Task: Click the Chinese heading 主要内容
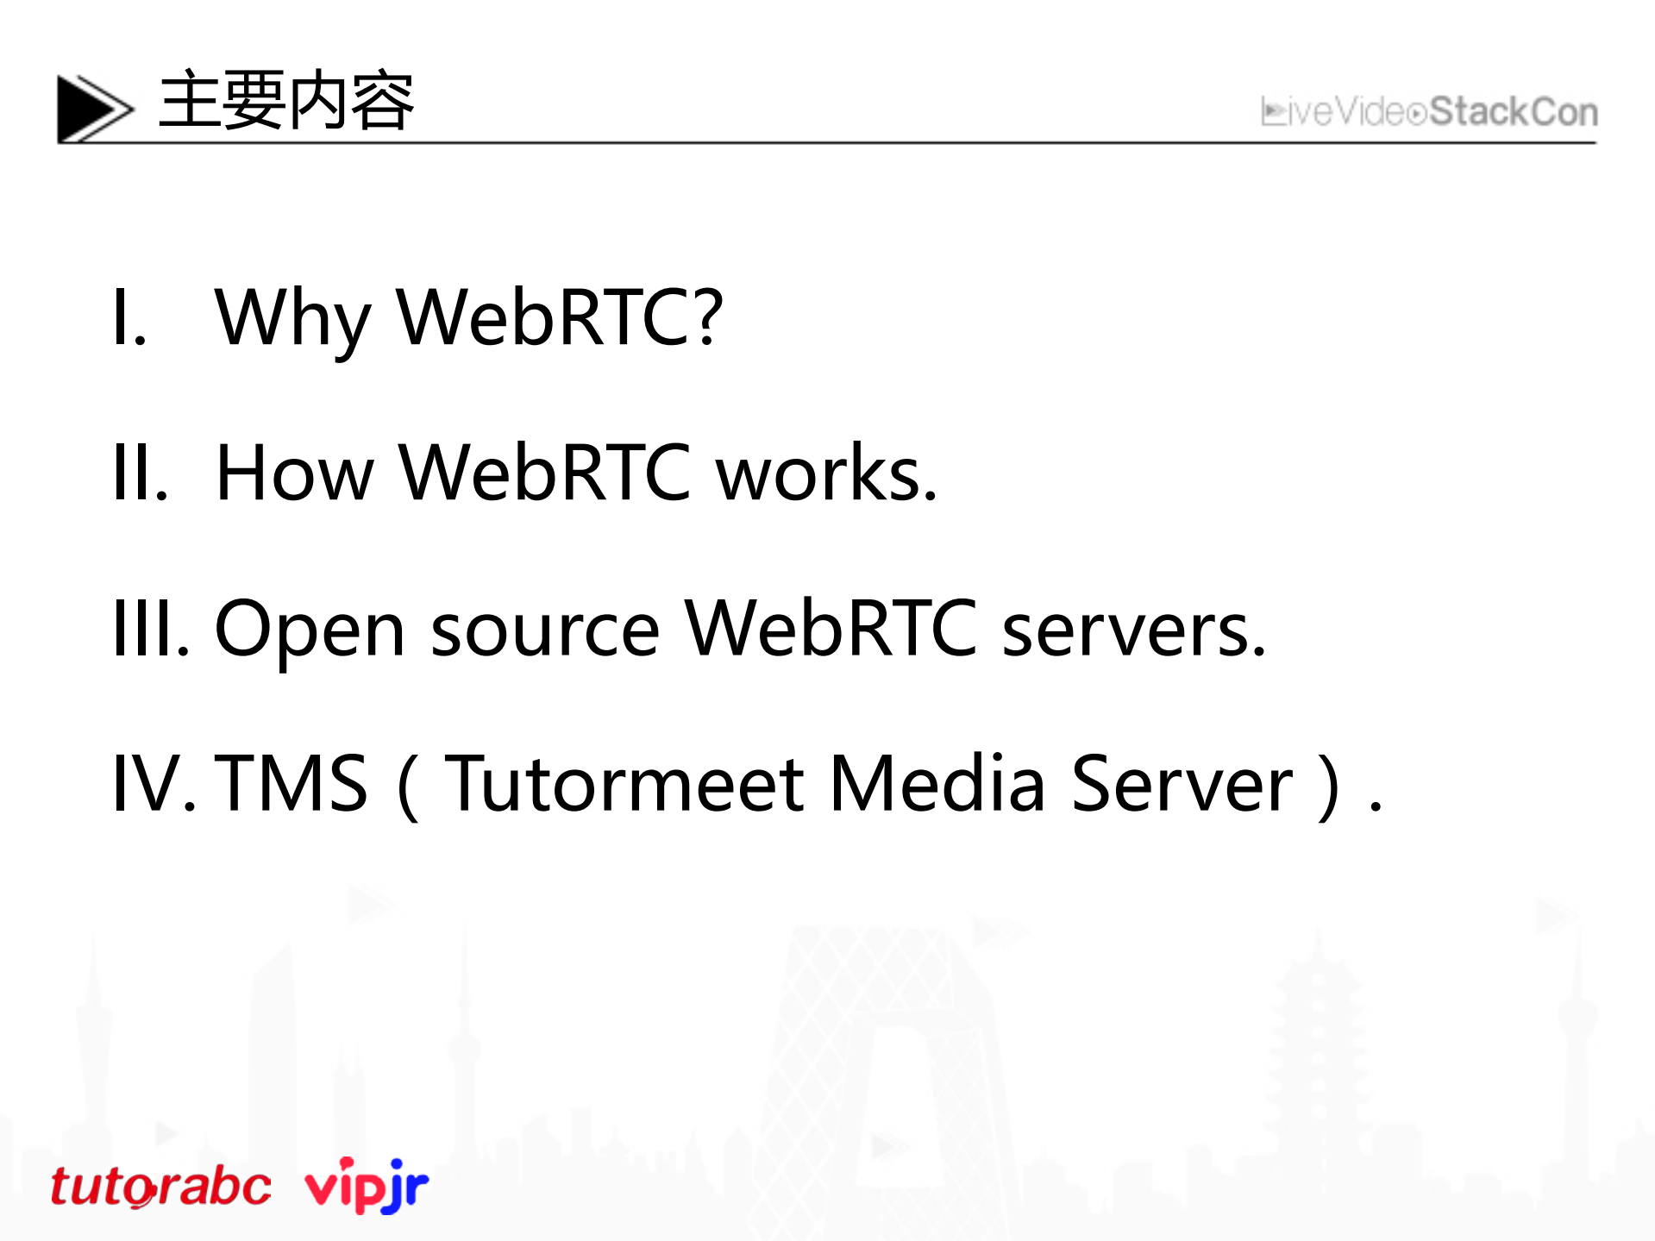click(x=286, y=101)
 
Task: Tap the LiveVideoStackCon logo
click(x=1429, y=112)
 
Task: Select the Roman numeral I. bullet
click(x=129, y=318)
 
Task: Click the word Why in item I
click(x=292, y=318)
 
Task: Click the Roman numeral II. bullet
click(x=140, y=473)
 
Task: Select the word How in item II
click(x=294, y=473)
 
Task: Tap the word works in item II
click(x=825, y=473)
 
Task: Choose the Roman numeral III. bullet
click(x=151, y=629)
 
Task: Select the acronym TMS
click(x=292, y=783)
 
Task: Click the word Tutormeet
click(x=625, y=783)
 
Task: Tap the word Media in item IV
click(x=937, y=783)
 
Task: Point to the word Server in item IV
click(x=1182, y=783)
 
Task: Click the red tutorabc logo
click(x=160, y=1187)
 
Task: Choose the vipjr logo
click(x=367, y=1185)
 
